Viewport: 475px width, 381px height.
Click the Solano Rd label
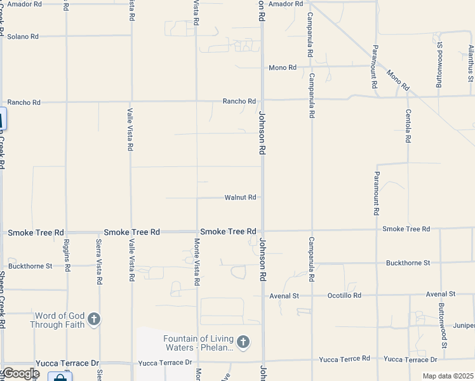[23, 36]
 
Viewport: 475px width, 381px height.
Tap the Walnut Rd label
[240, 197]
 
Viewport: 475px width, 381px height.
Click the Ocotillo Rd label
[344, 295]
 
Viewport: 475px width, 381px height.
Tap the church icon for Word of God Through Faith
[94, 319]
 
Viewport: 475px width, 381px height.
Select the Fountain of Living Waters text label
[198, 343]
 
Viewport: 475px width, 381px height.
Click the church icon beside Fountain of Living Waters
[243, 342]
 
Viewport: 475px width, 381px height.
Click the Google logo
[20, 373]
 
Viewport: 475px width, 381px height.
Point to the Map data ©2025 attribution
[447, 376]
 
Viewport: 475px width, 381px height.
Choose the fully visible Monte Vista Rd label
[197, 262]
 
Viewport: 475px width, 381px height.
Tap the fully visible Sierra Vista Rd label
[99, 260]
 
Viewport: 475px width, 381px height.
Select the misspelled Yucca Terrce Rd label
[344, 359]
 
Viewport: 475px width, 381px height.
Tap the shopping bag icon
[60, 378]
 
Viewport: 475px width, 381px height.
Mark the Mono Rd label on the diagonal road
[398, 81]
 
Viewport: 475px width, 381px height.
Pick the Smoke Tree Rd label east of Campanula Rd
[406, 229]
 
